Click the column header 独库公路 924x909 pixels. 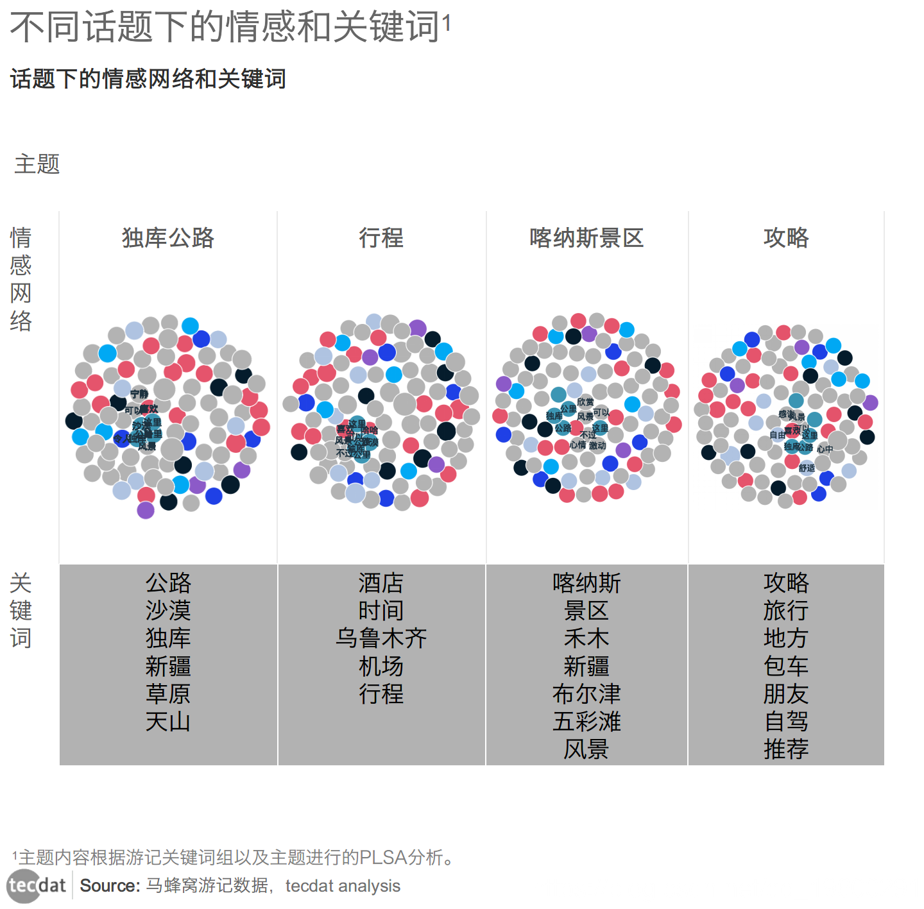(x=168, y=238)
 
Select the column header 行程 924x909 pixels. (x=381, y=238)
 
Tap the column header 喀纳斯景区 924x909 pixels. (x=586, y=238)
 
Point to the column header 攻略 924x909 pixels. (x=786, y=238)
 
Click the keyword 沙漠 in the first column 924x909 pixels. (x=168, y=610)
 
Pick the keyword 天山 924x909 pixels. (x=168, y=722)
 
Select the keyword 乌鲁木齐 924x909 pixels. (x=381, y=638)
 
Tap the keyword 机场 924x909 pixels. (x=381, y=666)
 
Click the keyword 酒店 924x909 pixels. (x=381, y=582)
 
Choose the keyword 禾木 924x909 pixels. (x=586, y=638)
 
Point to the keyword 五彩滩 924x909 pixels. (x=586, y=722)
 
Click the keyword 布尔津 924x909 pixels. (x=586, y=693)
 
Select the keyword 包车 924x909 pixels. (x=786, y=666)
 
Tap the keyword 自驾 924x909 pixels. (x=786, y=722)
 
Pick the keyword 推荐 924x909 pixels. (x=786, y=749)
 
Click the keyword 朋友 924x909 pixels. (x=786, y=693)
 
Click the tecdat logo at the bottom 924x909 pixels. (x=37, y=886)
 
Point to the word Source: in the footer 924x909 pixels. (x=110, y=886)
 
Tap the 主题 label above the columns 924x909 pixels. (x=37, y=164)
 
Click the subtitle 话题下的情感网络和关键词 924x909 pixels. (x=148, y=79)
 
